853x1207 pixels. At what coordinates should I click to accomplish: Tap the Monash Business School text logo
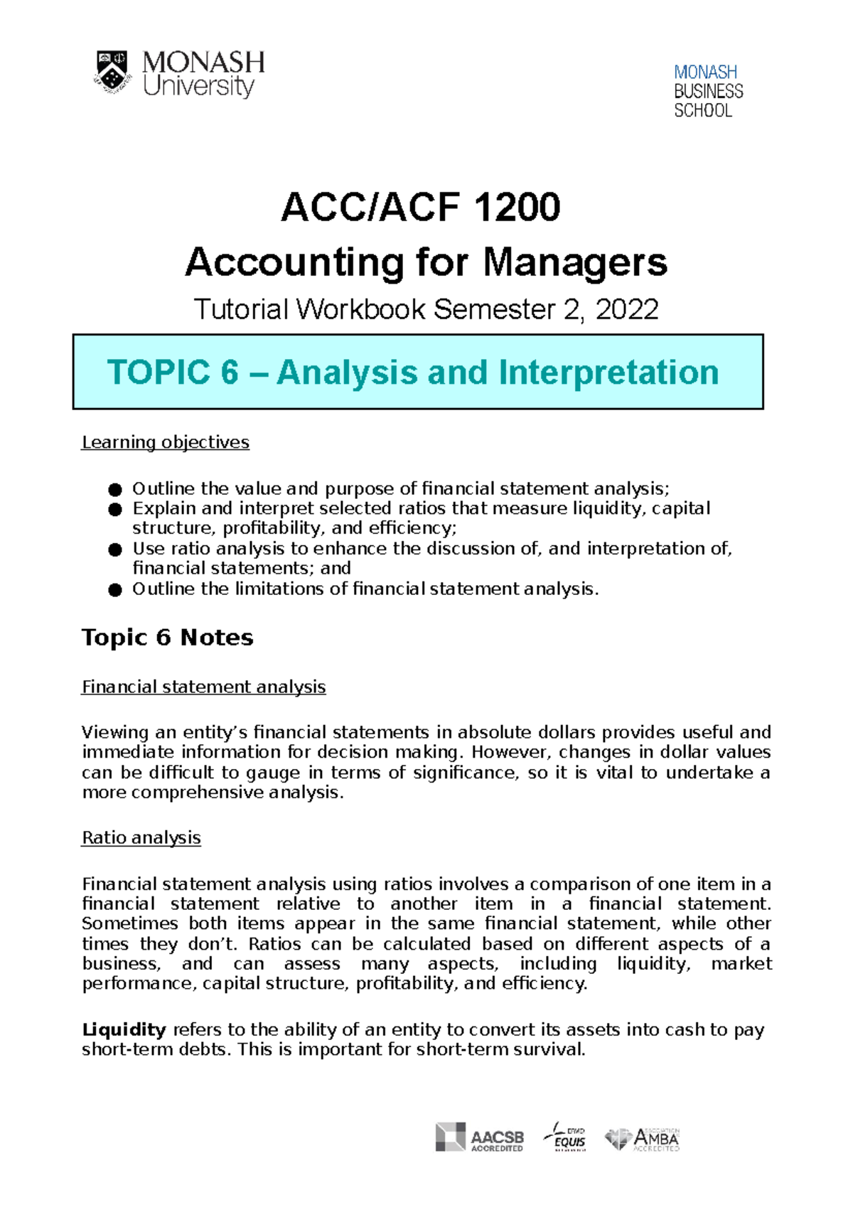click(708, 91)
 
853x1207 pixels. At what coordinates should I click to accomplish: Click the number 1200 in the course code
click(517, 207)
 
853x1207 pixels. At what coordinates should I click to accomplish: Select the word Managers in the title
click(575, 262)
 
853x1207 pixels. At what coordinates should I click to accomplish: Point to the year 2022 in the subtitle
click(627, 310)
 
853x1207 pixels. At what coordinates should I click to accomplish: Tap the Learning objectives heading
click(166, 442)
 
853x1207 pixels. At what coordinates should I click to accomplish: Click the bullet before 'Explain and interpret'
click(115, 509)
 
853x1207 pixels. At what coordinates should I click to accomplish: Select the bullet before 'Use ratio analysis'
click(115, 549)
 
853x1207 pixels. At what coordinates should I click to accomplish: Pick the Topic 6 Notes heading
click(168, 637)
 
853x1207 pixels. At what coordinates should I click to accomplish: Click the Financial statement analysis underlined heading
click(204, 687)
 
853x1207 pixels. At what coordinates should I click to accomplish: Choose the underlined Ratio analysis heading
click(141, 837)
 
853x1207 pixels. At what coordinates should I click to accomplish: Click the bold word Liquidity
click(124, 1029)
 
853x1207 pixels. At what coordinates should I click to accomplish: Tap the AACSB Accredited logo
click(480, 1137)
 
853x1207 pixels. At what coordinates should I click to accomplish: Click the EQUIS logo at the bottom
click(566, 1137)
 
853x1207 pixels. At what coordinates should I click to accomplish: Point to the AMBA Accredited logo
click(643, 1139)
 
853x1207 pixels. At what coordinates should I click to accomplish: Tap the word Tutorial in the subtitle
click(241, 310)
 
